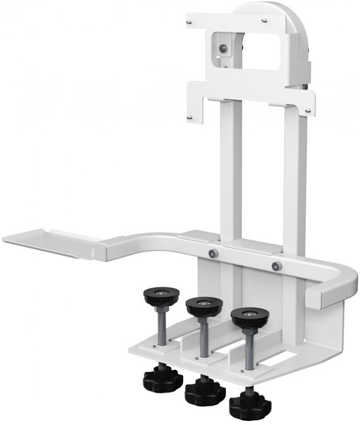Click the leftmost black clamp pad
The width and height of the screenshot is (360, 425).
coord(160,294)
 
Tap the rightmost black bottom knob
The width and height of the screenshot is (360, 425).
coord(250,406)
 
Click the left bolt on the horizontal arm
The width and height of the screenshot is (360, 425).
coord(213,253)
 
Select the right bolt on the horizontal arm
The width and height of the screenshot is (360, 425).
coord(275,266)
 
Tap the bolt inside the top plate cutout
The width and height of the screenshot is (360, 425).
coord(225,48)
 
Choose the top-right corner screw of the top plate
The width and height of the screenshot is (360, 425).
coord(264,21)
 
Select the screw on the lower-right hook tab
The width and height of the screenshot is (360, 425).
coord(308,110)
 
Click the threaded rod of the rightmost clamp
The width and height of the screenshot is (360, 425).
coord(248,345)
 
